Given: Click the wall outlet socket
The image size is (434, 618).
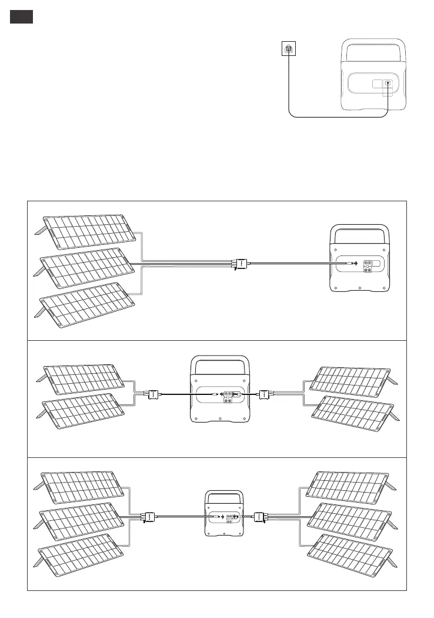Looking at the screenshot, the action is point(288,49).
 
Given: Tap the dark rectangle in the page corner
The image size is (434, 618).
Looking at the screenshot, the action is point(21,17).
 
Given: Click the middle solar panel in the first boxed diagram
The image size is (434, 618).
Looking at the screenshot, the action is point(88,268).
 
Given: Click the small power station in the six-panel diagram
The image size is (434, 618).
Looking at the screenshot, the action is point(223,513).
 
